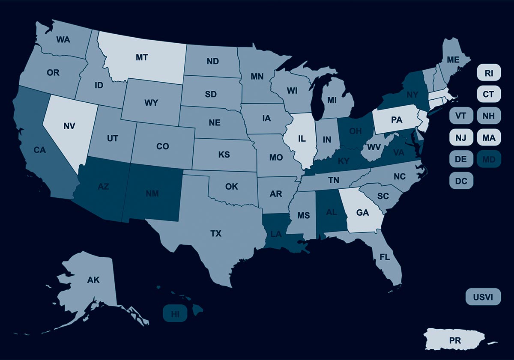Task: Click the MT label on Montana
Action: (x=142, y=57)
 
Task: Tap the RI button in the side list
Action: (x=489, y=73)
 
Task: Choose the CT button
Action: (x=489, y=95)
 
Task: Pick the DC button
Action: (x=461, y=181)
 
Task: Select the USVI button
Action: (x=483, y=297)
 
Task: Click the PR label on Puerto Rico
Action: (x=455, y=341)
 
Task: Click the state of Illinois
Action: (x=302, y=139)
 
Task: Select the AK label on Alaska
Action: (x=93, y=280)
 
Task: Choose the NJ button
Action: (x=461, y=138)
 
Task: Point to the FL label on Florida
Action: (x=384, y=258)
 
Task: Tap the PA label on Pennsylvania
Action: (x=397, y=120)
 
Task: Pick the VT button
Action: (x=461, y=116)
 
